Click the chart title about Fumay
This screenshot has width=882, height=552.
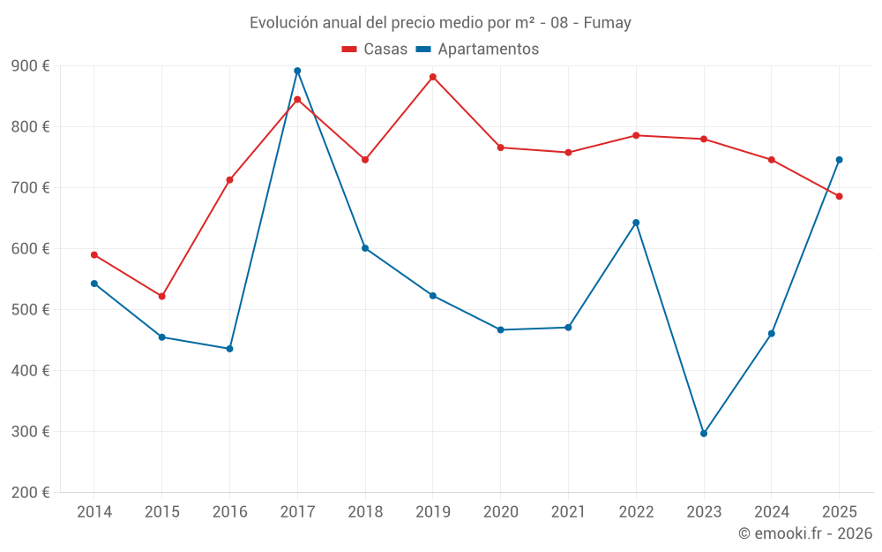point(440,23)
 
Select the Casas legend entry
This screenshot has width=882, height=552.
point(375,49)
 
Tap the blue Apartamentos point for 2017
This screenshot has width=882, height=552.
point(297,71)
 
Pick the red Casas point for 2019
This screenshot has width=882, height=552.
point(433,77)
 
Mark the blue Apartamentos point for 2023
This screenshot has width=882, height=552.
point(704,434)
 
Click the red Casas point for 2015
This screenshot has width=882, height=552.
point(162,297)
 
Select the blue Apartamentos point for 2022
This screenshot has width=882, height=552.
point(636,223)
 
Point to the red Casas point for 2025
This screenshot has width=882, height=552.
point(840,196)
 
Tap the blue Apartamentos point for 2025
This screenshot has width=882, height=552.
point(840,160)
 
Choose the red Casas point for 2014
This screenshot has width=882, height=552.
point(94,255)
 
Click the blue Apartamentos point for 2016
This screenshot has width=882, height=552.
point(229,349)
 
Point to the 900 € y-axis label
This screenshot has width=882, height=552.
point(30,66)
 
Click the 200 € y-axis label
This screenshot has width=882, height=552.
point(30,493)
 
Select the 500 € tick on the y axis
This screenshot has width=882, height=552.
point(30,310)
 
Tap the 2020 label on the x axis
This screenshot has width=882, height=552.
point(500,512)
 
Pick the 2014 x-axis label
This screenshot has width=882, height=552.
point(94,512)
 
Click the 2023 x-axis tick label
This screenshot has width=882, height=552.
point(704,512)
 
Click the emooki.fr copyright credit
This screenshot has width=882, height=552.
point(804,533)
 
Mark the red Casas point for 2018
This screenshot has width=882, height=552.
point(365,160)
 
